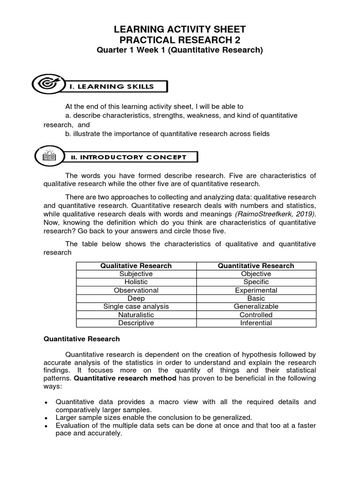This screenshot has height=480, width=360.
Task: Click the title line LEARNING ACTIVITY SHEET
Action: click(180, 30)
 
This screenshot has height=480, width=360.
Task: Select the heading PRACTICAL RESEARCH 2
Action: click(180, 40)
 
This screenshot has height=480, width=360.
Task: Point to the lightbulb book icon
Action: click(48, 157)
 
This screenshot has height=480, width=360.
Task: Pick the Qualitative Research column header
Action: click(136, 266)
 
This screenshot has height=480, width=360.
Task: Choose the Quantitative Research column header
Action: click(256, 266)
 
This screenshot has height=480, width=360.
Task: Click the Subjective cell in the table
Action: click(136, 274)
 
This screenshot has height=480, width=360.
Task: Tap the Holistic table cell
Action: click(136, 282)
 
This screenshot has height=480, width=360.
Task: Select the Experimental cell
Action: click(256, 290)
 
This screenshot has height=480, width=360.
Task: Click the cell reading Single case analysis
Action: click(136, 307)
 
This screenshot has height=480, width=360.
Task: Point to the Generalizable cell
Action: click(256, 307)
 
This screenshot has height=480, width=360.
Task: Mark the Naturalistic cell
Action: click(136, 315)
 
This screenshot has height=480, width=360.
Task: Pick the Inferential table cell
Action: click(256, 323)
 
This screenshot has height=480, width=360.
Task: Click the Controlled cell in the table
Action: click(256, 315)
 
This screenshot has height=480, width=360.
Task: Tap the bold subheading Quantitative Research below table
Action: click(82, 338)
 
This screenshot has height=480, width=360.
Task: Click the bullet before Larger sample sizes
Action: click(46, 418)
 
